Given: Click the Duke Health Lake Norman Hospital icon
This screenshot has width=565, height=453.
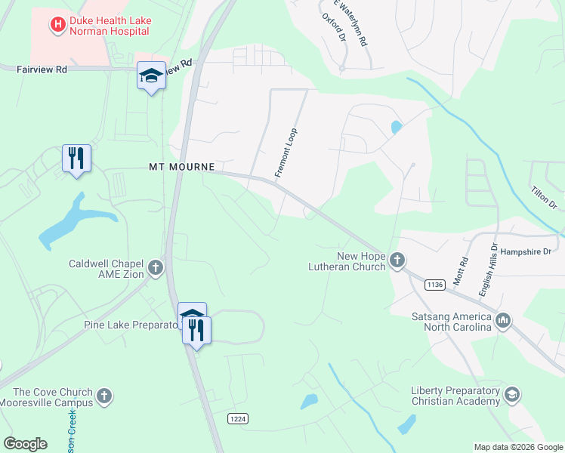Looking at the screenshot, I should [x=57, y=26].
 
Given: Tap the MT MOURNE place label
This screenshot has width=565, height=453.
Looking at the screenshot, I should [x=181, y=166].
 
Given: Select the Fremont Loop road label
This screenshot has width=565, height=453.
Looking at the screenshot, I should [x=286, y=153].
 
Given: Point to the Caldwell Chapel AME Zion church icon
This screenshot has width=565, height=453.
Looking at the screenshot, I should [x=156, y=267].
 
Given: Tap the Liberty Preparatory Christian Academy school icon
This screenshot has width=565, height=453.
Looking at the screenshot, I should [x=512, y=396].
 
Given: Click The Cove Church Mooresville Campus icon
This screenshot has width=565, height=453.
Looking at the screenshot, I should [x=104, y=396].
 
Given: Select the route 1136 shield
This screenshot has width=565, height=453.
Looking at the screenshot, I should [x=434, y=285].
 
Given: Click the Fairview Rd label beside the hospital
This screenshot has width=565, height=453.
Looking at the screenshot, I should [x=42, y=69].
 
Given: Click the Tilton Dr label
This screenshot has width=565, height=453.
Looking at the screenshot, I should [x=544, y=199].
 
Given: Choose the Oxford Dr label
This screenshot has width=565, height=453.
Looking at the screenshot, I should [x=333, y=26].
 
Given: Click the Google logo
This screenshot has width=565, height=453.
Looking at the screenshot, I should [x=25, y=444].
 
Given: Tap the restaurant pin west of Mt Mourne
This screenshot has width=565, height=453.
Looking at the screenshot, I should [x=76, y=159].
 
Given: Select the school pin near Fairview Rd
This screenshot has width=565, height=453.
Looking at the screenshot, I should [x=151, y=75].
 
